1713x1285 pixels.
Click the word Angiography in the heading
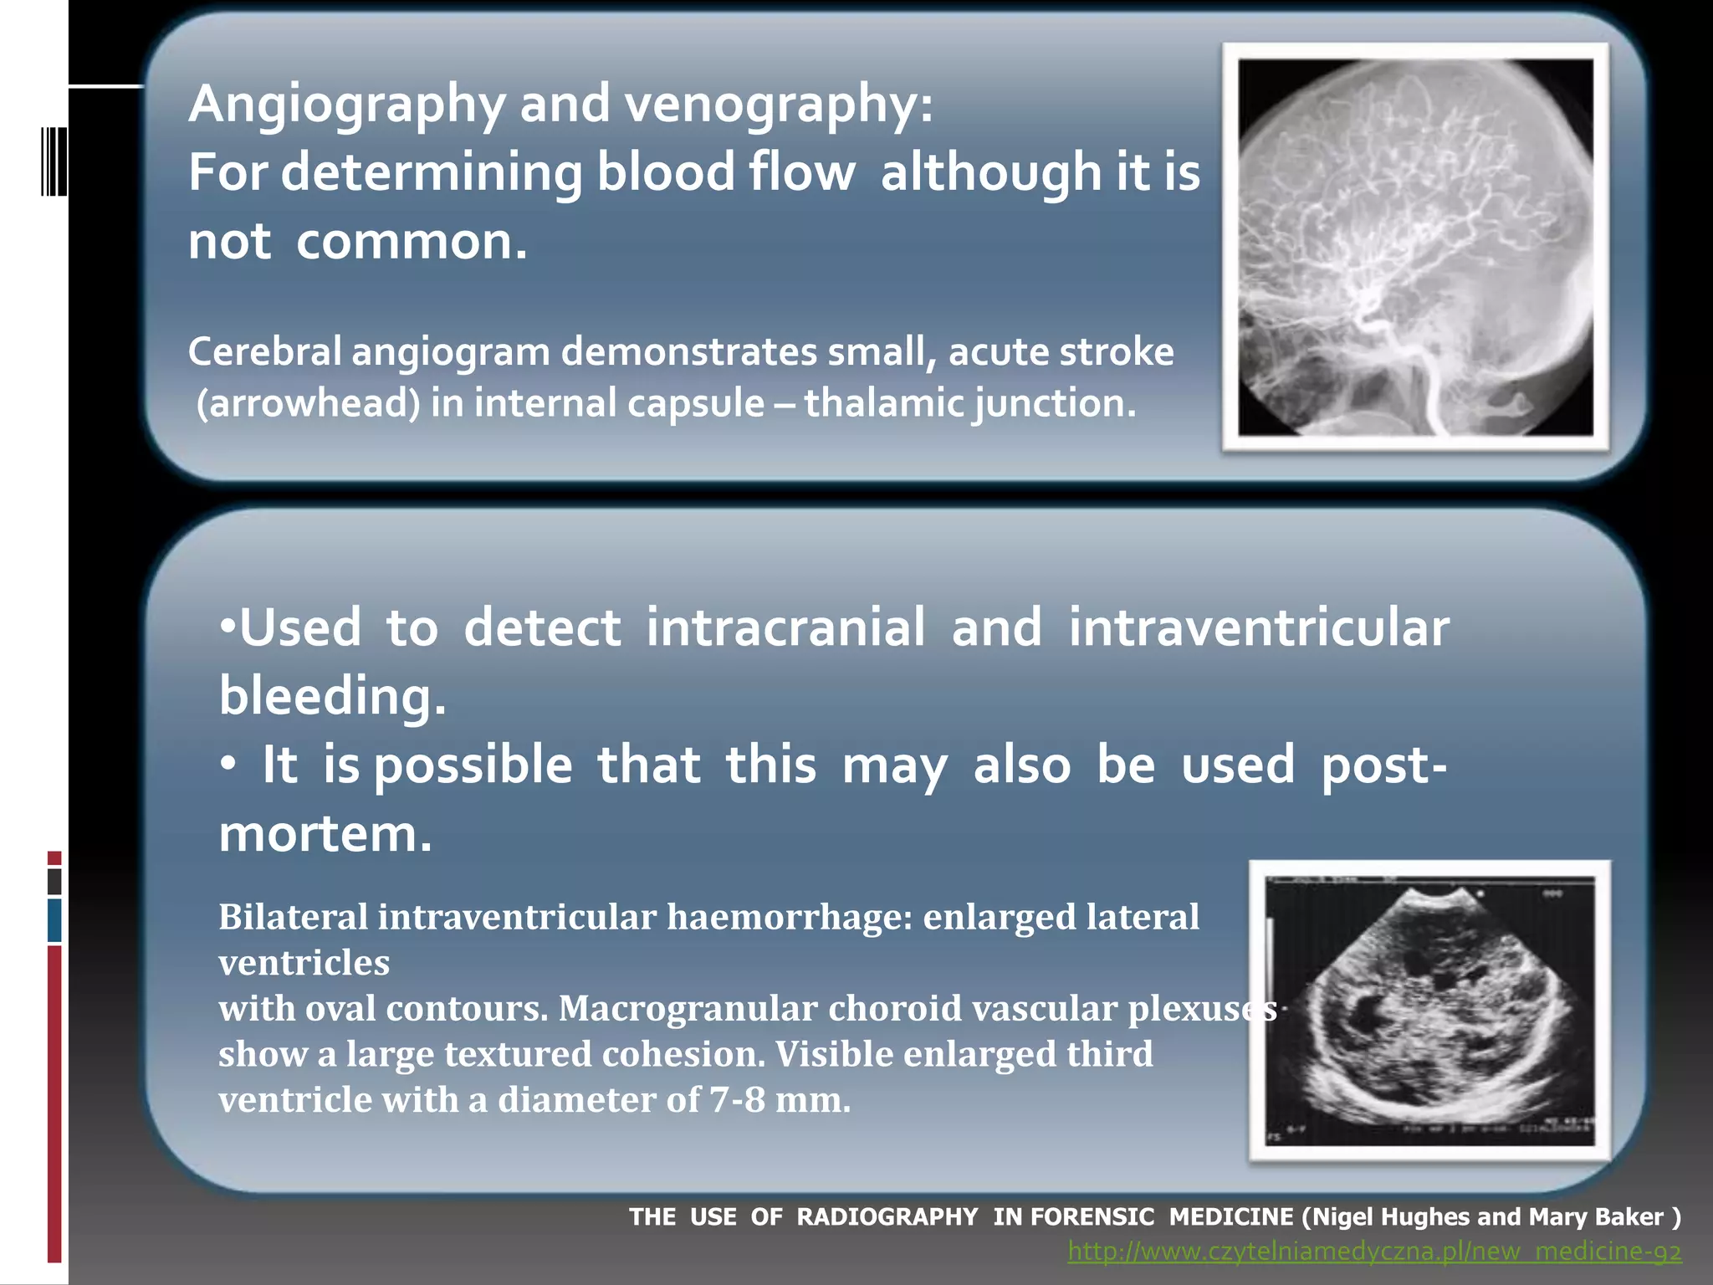click(x=346, y=105)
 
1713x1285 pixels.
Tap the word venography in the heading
click(x=774, y=105)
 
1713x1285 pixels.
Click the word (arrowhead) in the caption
click(x=308, y=404)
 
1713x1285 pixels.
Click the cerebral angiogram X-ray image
click(x=1415, y=247)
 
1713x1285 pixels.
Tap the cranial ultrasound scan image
click(x=1429, y=1011)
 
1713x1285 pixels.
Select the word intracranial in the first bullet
click(x=785, y=627)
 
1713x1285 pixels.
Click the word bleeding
click(x=332, y=697)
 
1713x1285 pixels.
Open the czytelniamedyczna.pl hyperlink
click(x=1373, y=1252)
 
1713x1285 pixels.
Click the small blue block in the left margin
click(x=54, y=919)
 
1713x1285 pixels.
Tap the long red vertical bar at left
click(x=54, y=1104)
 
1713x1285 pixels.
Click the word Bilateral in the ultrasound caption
click(x=293, y=918)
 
